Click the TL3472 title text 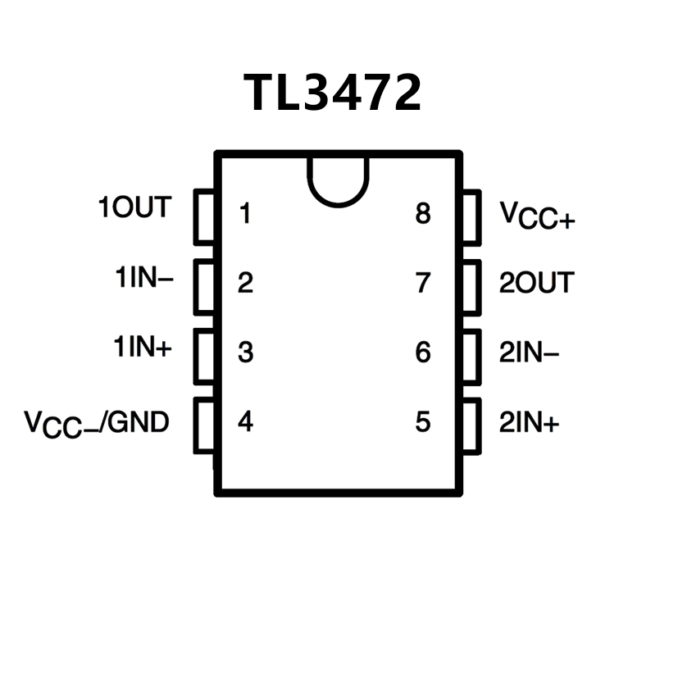333,93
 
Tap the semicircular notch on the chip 338,180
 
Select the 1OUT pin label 135,208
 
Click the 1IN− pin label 143,279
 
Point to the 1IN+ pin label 143,348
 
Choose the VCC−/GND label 97,423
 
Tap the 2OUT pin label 537,283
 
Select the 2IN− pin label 530,353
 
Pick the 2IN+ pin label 530,423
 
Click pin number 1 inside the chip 244,215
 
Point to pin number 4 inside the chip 245,423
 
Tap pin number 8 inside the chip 423,215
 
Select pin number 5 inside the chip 423,423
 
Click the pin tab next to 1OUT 204,216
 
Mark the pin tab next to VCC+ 471,216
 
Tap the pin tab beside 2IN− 471,356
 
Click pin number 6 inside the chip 423,353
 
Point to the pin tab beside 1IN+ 204,356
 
